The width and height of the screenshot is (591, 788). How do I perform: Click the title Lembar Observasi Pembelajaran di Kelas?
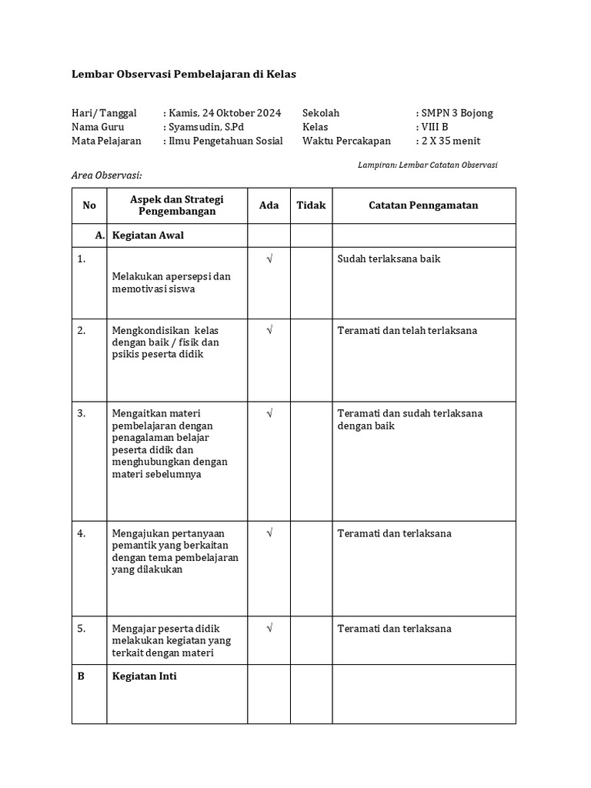(183, 74)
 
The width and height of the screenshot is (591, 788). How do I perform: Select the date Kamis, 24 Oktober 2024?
(224, 113)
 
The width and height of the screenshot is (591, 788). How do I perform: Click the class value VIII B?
(434, 127)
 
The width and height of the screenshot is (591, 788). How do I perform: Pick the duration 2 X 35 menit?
(450, 141)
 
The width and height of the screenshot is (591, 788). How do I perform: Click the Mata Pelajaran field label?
(106, 141)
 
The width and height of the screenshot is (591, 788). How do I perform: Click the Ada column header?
(269, 205)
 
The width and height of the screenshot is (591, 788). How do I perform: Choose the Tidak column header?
(312, 205)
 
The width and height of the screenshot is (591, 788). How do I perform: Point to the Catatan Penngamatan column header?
(423, 205)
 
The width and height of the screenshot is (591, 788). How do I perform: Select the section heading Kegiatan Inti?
(144, 676)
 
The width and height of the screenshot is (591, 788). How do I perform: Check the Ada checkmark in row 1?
(269, 259)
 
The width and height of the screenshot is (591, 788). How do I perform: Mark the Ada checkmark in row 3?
(269, 414)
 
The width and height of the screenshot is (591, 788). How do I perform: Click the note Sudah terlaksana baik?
(389, 259)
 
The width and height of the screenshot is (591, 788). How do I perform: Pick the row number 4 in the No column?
(82, 533)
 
